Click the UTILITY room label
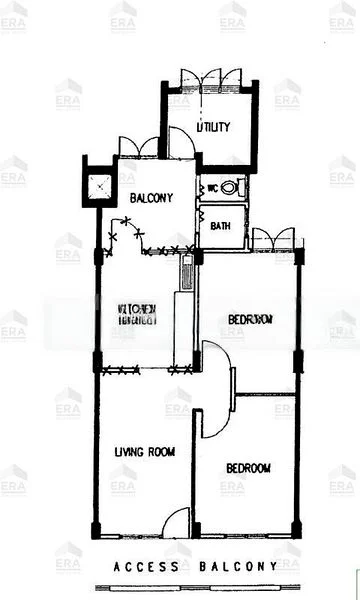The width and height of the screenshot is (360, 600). pyautogui.click(x=213, y=127)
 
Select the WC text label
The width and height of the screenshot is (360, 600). pyautogui.click(x=212, y=187)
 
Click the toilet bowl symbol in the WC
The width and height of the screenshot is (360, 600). pyautogui.click(x=229, y=187)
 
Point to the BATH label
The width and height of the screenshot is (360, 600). pyautogui.click(x=221, y=226)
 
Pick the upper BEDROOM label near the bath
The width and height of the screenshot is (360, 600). pyautogui.click(x=249, y=320)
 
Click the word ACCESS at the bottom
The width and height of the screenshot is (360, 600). pyautogui.click(x=146, y=567)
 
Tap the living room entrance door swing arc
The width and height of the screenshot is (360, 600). pyautogui.click(x=175, y=522)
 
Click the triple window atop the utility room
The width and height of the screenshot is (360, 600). pyautogui.click(x=210, y=78)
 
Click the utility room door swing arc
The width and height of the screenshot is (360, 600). pyautogui.click(x=181, y=143)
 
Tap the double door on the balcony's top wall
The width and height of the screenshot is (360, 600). pyautogui.click(x=138, y=146)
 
